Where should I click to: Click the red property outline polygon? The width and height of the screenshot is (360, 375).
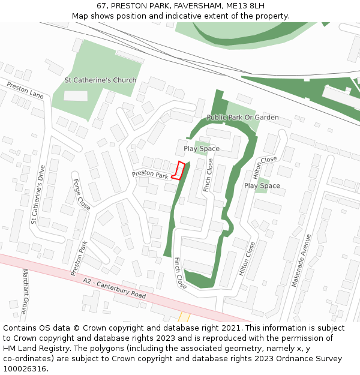pyautogui.click(x=178, y=170)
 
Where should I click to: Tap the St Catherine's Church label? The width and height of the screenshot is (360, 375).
pyautogui.click(x=100, y=80)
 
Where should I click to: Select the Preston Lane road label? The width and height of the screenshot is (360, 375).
pyautogui.click(x=25, y=91)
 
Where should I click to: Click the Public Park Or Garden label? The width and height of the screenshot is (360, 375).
pyautogui.click(x=242, y=117)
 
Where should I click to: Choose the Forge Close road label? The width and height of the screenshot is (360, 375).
pyautogui.click(x=82, y=194)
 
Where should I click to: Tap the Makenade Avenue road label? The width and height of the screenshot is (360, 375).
pyautogui.click(x=302, y=260)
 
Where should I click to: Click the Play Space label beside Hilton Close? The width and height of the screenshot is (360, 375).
pyautogui.click(x=262, y=185)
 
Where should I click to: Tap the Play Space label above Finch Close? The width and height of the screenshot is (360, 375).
pyautogui.click(x=202, y=148)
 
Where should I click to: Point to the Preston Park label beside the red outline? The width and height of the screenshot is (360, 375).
pyautogui.click(x=150, y=175)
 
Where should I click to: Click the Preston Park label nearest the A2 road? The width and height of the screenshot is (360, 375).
pyautogui.click(x=79, y=258)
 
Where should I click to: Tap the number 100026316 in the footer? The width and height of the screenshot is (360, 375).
pyautogui.click(x=24, y=368)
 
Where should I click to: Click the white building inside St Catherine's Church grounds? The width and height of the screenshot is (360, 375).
pyautogui.click(x=76, y=96)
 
